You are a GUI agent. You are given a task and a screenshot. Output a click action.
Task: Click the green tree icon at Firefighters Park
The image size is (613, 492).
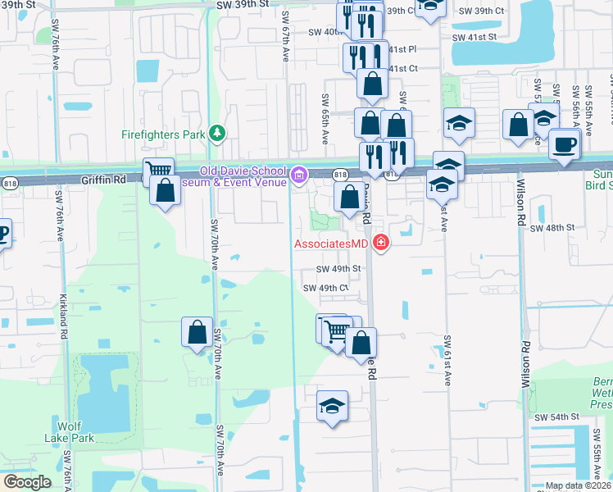coord(217,132)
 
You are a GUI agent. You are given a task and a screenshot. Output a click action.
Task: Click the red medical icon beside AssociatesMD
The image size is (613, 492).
coord(380,242)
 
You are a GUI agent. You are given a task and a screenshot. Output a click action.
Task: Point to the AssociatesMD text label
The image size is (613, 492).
coord(331,243)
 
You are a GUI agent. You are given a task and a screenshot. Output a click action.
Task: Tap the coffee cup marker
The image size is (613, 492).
coord(564,143)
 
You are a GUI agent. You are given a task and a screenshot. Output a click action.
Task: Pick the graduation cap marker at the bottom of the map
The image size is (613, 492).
coord(332,405)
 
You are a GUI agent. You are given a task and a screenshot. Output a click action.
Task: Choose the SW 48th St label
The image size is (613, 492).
coord(549,229)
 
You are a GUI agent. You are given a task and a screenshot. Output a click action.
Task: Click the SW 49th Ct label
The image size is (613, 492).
coord(326,288)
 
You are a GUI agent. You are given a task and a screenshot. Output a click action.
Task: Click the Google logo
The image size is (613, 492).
coord(27,481)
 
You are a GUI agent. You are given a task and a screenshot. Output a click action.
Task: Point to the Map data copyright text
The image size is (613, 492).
coord(579,485)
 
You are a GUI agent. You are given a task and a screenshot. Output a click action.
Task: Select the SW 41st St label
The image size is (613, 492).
coord(475,37)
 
